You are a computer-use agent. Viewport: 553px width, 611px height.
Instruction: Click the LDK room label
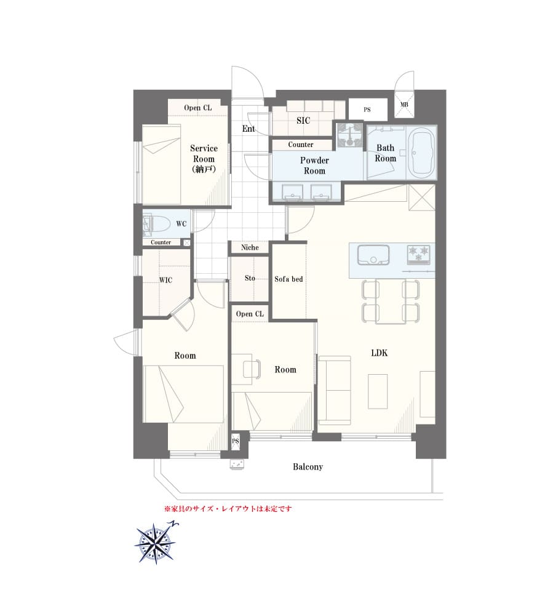coord(379,353)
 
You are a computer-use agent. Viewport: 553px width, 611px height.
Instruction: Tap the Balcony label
coord(308,467)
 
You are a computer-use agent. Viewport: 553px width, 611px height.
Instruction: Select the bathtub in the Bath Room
coord(422,153)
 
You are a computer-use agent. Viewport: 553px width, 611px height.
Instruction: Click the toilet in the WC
coord(157,225)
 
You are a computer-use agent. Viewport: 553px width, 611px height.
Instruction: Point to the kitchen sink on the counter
coord(373,255)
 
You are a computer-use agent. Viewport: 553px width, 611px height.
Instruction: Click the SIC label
coord(303,121)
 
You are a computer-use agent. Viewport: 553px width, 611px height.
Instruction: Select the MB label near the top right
coord(404,105)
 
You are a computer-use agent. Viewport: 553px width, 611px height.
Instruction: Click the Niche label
coord(250,247)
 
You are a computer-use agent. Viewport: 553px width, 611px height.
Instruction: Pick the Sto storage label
coord(250,278)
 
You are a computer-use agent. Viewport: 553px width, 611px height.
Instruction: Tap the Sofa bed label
coord(288,279)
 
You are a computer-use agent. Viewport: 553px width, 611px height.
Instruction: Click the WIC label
coord(165,280)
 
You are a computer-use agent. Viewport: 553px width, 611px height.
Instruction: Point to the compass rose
coord(156,543)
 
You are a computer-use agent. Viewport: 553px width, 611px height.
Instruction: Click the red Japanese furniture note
coord(228,508)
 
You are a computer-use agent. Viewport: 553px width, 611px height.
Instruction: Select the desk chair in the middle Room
coord(252,369)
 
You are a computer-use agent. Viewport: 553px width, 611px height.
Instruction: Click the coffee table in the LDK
coord(377,391)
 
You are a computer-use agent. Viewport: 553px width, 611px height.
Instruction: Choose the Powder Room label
coord(314,166)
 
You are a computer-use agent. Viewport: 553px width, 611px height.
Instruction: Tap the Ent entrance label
coord(249,129)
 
